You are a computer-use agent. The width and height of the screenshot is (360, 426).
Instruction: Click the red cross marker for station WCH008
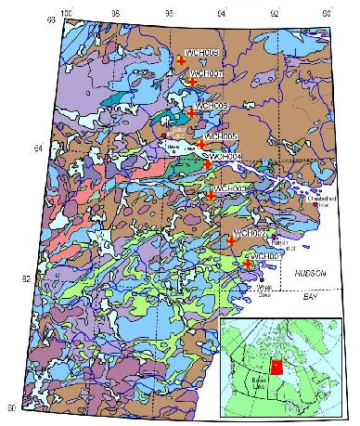coord(182,60)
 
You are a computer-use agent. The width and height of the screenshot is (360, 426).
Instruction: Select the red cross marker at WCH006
coord(191,112)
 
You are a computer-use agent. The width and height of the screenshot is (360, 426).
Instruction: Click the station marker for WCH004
coord(208,164)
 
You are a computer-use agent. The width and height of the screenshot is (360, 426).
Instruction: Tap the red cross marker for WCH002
coord(231,240)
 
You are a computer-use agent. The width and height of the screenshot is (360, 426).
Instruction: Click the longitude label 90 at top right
coord(327,14)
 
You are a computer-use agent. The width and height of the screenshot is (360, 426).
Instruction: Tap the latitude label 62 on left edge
coord(24,278)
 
